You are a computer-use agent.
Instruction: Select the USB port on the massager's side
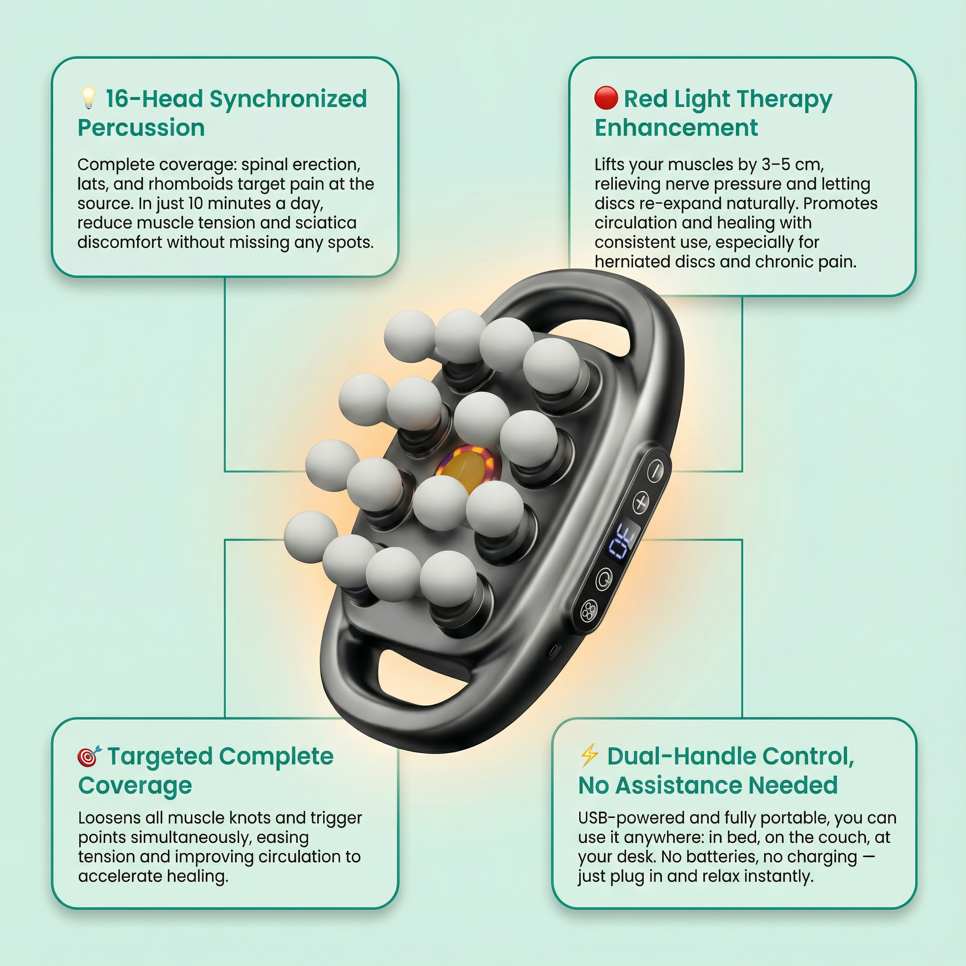[x=553, y=650]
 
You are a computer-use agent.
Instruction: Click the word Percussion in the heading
[x=141, y=128]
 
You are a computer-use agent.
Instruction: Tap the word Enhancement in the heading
[x=676, y=128]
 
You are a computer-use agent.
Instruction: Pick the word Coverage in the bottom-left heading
[x=135, y=785]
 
